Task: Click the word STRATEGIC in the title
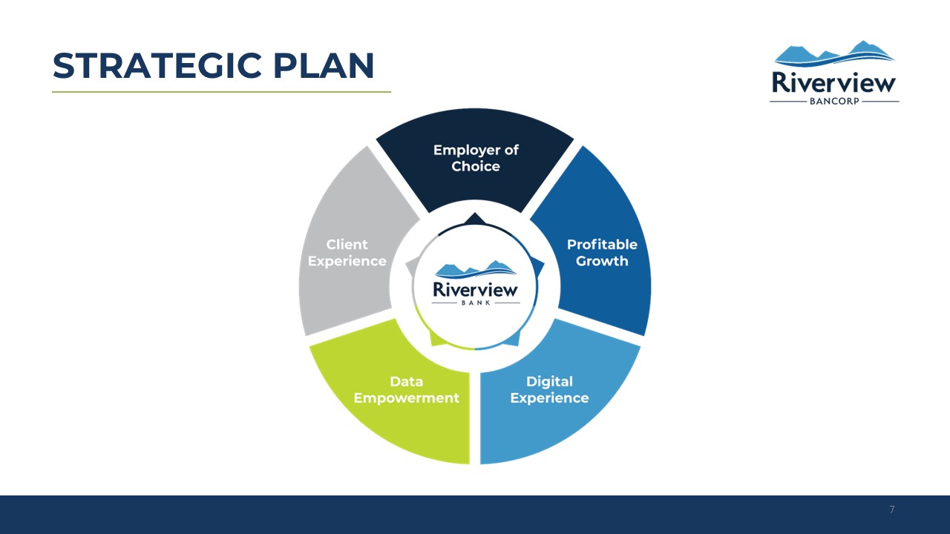pos(157,66)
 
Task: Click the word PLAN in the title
pos(324,66)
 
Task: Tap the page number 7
pos(892,510)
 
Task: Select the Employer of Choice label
pos(476,158)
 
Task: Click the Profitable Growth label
pos(602,253)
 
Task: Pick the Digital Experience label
pos(549,389)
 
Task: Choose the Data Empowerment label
pos(406,389)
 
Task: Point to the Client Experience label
pos(347,253)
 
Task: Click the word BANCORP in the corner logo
pos(834,102)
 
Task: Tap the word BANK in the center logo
pos(476,303)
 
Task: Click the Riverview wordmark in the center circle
pos(476,290)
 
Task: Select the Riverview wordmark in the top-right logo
pos(833,82)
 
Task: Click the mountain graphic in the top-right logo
pos(833,54)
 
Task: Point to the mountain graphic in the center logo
pos(476,269)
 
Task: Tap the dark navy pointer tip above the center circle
pos(474,213)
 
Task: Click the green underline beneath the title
pos(221,91)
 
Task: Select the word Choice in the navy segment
pos(476,166)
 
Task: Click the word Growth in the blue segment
pos(602,261)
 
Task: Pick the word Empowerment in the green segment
pos(406,398)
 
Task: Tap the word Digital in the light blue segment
pos(549,381)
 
